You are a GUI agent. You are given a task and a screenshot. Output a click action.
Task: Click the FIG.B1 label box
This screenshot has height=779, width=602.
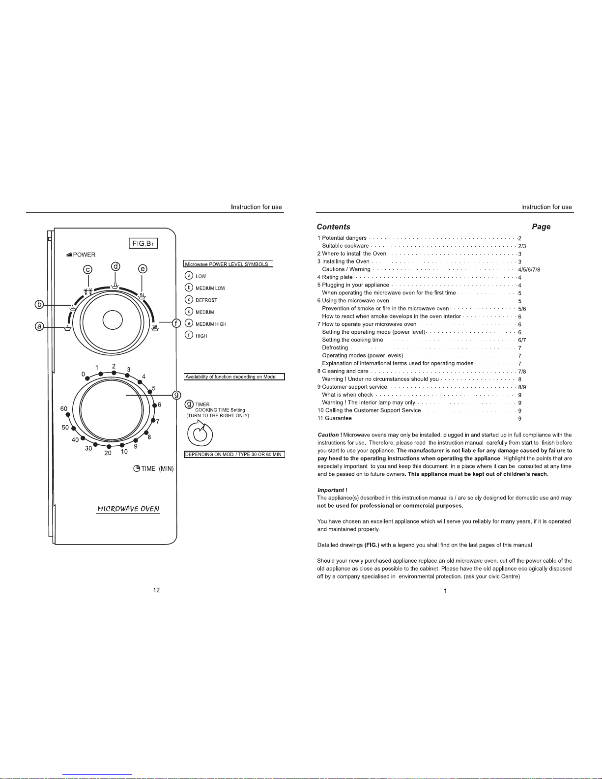(x=143, y=243)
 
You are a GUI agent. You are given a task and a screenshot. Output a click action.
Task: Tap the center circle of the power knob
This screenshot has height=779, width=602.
(x=113, y=320)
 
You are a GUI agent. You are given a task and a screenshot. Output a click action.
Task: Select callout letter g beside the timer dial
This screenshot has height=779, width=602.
(x=176, y=395)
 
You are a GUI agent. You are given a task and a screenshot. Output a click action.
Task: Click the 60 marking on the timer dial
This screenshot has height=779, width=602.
(x=64, y=409)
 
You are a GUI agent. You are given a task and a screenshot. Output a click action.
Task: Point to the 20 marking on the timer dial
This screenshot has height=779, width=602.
(x=108, y=453)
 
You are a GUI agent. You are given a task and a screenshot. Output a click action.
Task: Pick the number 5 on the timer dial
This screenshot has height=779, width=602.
(x=154, y=388)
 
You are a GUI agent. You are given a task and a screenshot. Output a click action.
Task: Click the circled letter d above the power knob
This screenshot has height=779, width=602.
(x=115, y=267)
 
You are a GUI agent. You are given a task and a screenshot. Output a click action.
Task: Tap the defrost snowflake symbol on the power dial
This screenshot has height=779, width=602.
(x=88, y=291)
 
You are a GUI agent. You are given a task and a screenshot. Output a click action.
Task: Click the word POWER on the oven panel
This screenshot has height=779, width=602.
(x=84, y=255)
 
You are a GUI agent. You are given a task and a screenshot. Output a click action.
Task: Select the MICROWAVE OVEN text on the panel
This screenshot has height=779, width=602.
(x=128, y=509)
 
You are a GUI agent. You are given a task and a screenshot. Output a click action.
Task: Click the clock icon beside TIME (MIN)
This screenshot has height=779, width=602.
(x=137, y=468)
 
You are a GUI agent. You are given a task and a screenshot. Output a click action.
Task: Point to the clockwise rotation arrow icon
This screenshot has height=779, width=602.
(x=200, y=433)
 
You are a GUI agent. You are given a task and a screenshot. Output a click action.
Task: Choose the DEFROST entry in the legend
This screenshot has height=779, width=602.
(x=206, y=300)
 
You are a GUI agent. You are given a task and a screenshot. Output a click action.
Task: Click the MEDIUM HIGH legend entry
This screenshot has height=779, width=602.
(x=211, y=324)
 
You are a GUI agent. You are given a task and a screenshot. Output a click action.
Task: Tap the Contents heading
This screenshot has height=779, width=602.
(x=333, y=227)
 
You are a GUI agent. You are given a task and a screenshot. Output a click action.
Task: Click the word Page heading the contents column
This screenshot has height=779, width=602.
(x=541, y=227)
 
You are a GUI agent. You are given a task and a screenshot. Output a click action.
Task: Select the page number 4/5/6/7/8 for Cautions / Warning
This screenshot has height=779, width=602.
(x=529, y=270)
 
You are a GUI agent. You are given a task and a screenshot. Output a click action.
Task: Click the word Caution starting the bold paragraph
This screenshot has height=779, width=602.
(x=328, y=435)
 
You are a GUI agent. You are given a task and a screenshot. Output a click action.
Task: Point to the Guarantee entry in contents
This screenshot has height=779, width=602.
(x=338, y=418)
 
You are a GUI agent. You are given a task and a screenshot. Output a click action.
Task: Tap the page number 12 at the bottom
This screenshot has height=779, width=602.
(x=156, y=590)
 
